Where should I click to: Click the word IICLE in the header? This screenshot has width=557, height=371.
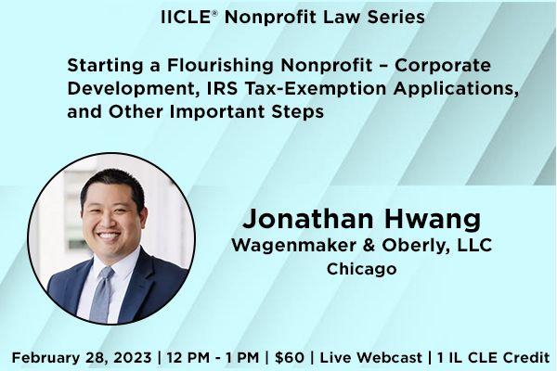point(187,17)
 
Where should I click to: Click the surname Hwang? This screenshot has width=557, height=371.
point(432,220)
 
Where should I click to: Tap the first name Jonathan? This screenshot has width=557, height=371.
point(308,218)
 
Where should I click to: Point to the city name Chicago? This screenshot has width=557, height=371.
point(362,269)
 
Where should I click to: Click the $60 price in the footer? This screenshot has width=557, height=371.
point(289,357)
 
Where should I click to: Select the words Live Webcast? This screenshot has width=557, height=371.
point(370,357)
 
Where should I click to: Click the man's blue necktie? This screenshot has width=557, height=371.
point(101,294)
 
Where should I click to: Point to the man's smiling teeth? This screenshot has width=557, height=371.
point(109,236)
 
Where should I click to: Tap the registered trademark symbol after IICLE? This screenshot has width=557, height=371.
point(214,12)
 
